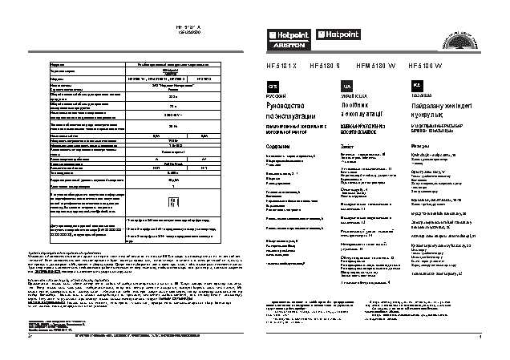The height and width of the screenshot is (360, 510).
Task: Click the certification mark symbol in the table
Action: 166,204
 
